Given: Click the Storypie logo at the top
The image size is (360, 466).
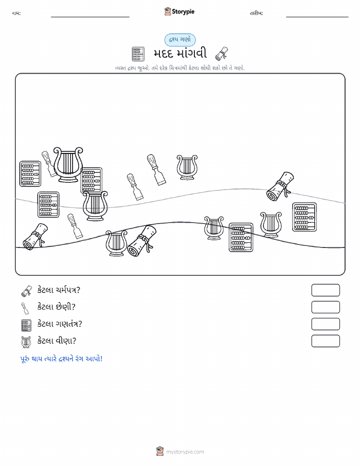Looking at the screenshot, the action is (x=179, y=12).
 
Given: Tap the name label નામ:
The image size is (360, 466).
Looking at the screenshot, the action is (x=16, y=13).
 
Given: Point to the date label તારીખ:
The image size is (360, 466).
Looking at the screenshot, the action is (x=256, y=13).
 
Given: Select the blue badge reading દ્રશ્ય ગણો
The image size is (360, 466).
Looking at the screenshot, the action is (x=180, y=40).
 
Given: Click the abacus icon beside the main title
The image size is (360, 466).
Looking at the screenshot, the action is (x=138, y=54).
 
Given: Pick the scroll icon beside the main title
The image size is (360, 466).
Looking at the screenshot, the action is (x=221, y=53).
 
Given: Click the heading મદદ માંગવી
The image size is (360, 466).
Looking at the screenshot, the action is (x=180, y=54).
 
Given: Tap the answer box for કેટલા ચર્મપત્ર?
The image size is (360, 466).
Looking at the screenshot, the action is (x=325, y=290).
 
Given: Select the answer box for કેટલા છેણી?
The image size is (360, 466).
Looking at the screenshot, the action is (x=325, y=307).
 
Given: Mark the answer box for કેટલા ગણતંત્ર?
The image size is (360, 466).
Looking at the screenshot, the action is (x=325, y=324).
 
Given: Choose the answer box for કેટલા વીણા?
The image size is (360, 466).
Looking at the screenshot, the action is (x=325, y=341).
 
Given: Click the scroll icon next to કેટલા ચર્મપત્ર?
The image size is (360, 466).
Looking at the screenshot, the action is (x=26, y=291).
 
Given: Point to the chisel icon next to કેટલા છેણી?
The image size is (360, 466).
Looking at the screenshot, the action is (x=25, y=308).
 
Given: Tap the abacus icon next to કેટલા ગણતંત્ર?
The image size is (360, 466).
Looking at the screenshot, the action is (x=26, y=325).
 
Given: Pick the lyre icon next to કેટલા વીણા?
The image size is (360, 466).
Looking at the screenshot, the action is (x=26, y=342).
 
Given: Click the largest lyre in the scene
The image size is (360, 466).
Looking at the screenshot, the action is (x=68, y=164).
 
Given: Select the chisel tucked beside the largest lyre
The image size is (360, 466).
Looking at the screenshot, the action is (x=49, y=164).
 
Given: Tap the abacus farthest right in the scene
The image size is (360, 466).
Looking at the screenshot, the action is (x=305, y=217).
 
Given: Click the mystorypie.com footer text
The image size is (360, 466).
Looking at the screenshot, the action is (x=185, y=452).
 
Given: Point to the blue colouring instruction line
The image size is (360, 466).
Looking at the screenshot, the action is (x=61, y=359).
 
